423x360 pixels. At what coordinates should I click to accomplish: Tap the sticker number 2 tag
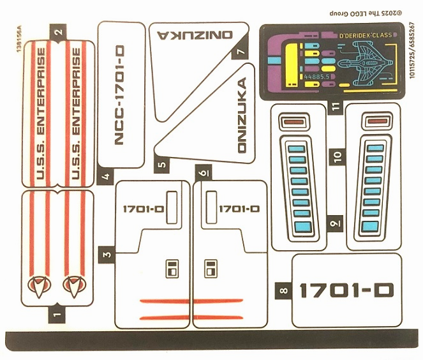pyautogui.click(x=58, y=29)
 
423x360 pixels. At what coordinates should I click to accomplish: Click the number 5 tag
pyautogui.click(x=162, y=165)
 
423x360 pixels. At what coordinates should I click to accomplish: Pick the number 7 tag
pyautogui.click(x=241, y=53)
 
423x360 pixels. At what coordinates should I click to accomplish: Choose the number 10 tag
pyautogui.click(x=338, y=155)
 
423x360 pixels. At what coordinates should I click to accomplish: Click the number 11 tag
pyautogui.click(x=335, y=107)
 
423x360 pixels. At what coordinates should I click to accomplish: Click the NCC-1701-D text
pyautogui.click(x=119, y=96)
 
